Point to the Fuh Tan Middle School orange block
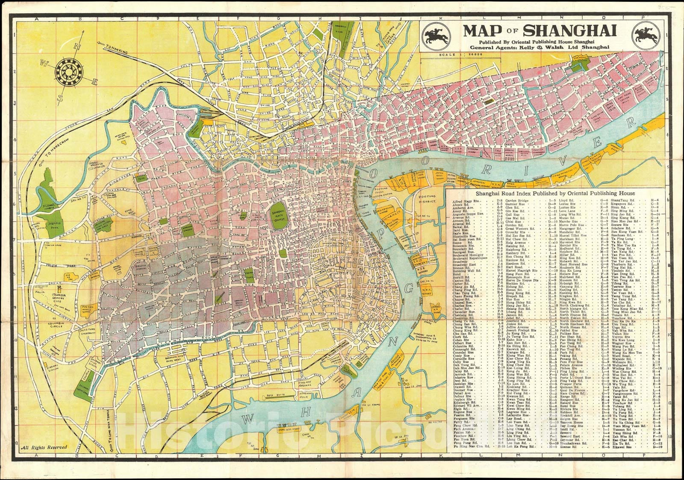click(86, 311)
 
